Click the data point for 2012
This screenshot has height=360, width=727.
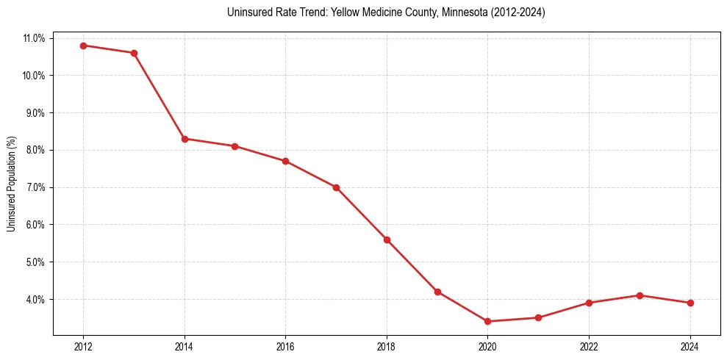(83, 46)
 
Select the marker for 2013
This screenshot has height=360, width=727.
(134, 53)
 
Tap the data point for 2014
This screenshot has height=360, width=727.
(185, 139)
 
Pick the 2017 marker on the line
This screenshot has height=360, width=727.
(336, 187)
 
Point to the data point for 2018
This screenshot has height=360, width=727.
(387, 240)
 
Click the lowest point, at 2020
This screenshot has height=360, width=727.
(487, 321)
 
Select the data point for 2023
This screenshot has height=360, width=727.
(640, 295)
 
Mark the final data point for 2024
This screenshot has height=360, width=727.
(690, 303)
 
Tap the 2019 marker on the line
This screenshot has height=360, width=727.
(437, 292)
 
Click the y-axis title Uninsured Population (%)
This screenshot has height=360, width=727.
(12, 184)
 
